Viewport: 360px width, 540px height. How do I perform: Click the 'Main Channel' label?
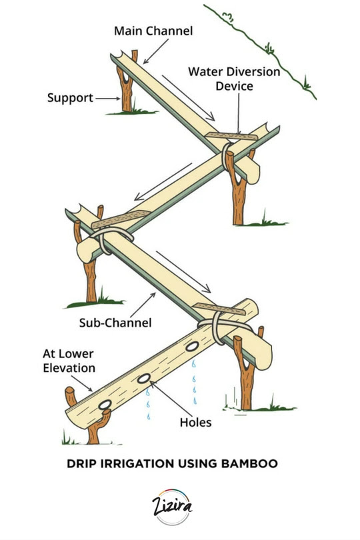click(153, 31)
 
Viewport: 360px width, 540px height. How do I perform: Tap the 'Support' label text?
click(70, 98)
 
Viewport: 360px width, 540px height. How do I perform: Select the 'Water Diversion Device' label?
click(234, 79)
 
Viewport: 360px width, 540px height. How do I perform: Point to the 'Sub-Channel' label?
click(115, 323)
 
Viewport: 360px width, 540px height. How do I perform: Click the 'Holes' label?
click(196, 423)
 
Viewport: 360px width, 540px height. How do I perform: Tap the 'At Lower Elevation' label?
click(69, 361)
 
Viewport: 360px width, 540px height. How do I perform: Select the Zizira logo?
click(172, 506)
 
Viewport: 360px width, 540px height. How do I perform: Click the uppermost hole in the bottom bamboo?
click(192, 347)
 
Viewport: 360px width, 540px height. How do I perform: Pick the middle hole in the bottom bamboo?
click(143, 379)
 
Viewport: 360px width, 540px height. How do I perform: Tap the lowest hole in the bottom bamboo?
click(105, 405)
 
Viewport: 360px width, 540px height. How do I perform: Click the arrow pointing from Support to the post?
click(108, 99)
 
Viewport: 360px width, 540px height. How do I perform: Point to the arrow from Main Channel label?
click(156, 51)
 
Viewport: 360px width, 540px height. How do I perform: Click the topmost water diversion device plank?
click(231, 136)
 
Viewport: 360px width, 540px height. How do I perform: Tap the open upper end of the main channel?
click(117, 56)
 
